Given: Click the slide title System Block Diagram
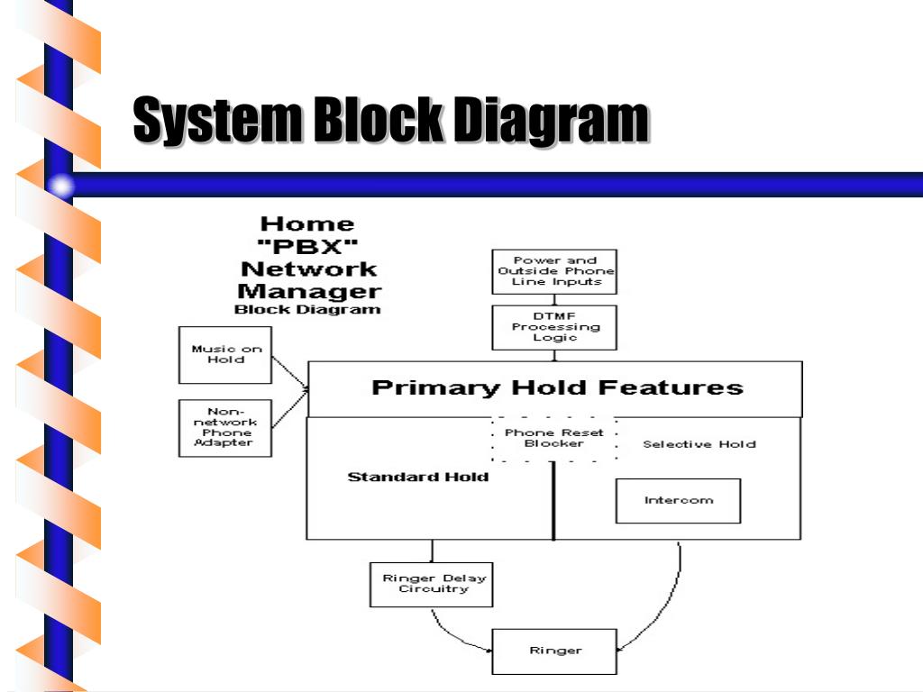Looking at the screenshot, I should pos(390,121).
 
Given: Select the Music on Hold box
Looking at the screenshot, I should pos(225,354).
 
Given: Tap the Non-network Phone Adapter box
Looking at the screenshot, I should pos(225,427).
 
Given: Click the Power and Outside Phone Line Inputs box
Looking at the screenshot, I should pos(554,271).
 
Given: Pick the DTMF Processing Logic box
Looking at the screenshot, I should pos(554,327).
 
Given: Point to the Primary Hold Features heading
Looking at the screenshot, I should pos(557,388).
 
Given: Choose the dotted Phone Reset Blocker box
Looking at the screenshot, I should pos(554,438).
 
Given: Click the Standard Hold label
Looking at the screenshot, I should pos(417,477).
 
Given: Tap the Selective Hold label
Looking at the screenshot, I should pos(699,444).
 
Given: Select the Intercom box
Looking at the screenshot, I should pos(678,501).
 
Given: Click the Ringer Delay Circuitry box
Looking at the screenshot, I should pos(433,584).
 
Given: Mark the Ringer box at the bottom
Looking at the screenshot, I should pos(554,651).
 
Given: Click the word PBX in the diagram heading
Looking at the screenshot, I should pos(307,246).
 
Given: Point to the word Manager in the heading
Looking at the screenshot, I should pos(308,291).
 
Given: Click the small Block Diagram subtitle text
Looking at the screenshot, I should pos(307,309).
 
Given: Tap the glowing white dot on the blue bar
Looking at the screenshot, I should pos(61,187).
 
